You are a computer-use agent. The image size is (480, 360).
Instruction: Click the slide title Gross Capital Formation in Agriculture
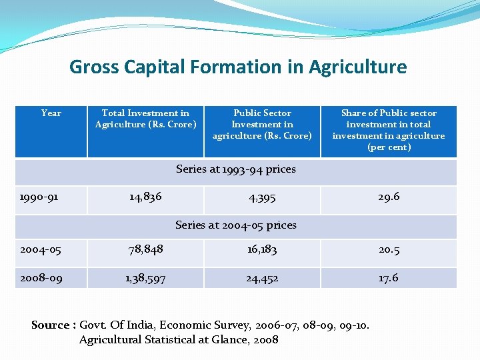click(238, 67)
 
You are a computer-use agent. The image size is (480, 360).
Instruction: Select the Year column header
click(51, 113)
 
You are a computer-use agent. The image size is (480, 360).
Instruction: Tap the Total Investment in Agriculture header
click(145, 119)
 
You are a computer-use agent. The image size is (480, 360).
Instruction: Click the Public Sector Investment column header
click(262, 124)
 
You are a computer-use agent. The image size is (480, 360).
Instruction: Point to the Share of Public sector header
click(389, 130)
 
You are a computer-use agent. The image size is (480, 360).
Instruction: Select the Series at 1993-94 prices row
click(236, 169)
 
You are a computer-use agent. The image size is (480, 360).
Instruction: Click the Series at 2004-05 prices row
click(236, 225)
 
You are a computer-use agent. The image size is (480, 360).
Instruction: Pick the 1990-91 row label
click(38, 197)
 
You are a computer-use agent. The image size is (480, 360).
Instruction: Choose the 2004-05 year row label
click(41, 250)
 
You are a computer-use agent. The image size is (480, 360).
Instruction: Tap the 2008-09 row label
click(41, 278)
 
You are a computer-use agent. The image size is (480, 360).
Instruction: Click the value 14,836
click(145, 197)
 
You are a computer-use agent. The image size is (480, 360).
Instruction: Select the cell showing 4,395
click(262, 197)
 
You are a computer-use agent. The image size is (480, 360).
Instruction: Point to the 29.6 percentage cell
click(389, 197)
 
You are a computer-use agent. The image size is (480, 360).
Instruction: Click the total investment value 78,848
click(145, 249)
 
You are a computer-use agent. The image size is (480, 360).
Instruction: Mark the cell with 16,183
click(262, 249)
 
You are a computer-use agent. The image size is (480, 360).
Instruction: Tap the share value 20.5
click(389, 249)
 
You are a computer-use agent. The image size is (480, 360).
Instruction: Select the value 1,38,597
click(145, 278)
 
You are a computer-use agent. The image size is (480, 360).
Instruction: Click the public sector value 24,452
click(262, 278)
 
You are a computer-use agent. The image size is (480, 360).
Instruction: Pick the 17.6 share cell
click(389, 277)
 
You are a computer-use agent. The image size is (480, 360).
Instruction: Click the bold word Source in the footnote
click(50, 325)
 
